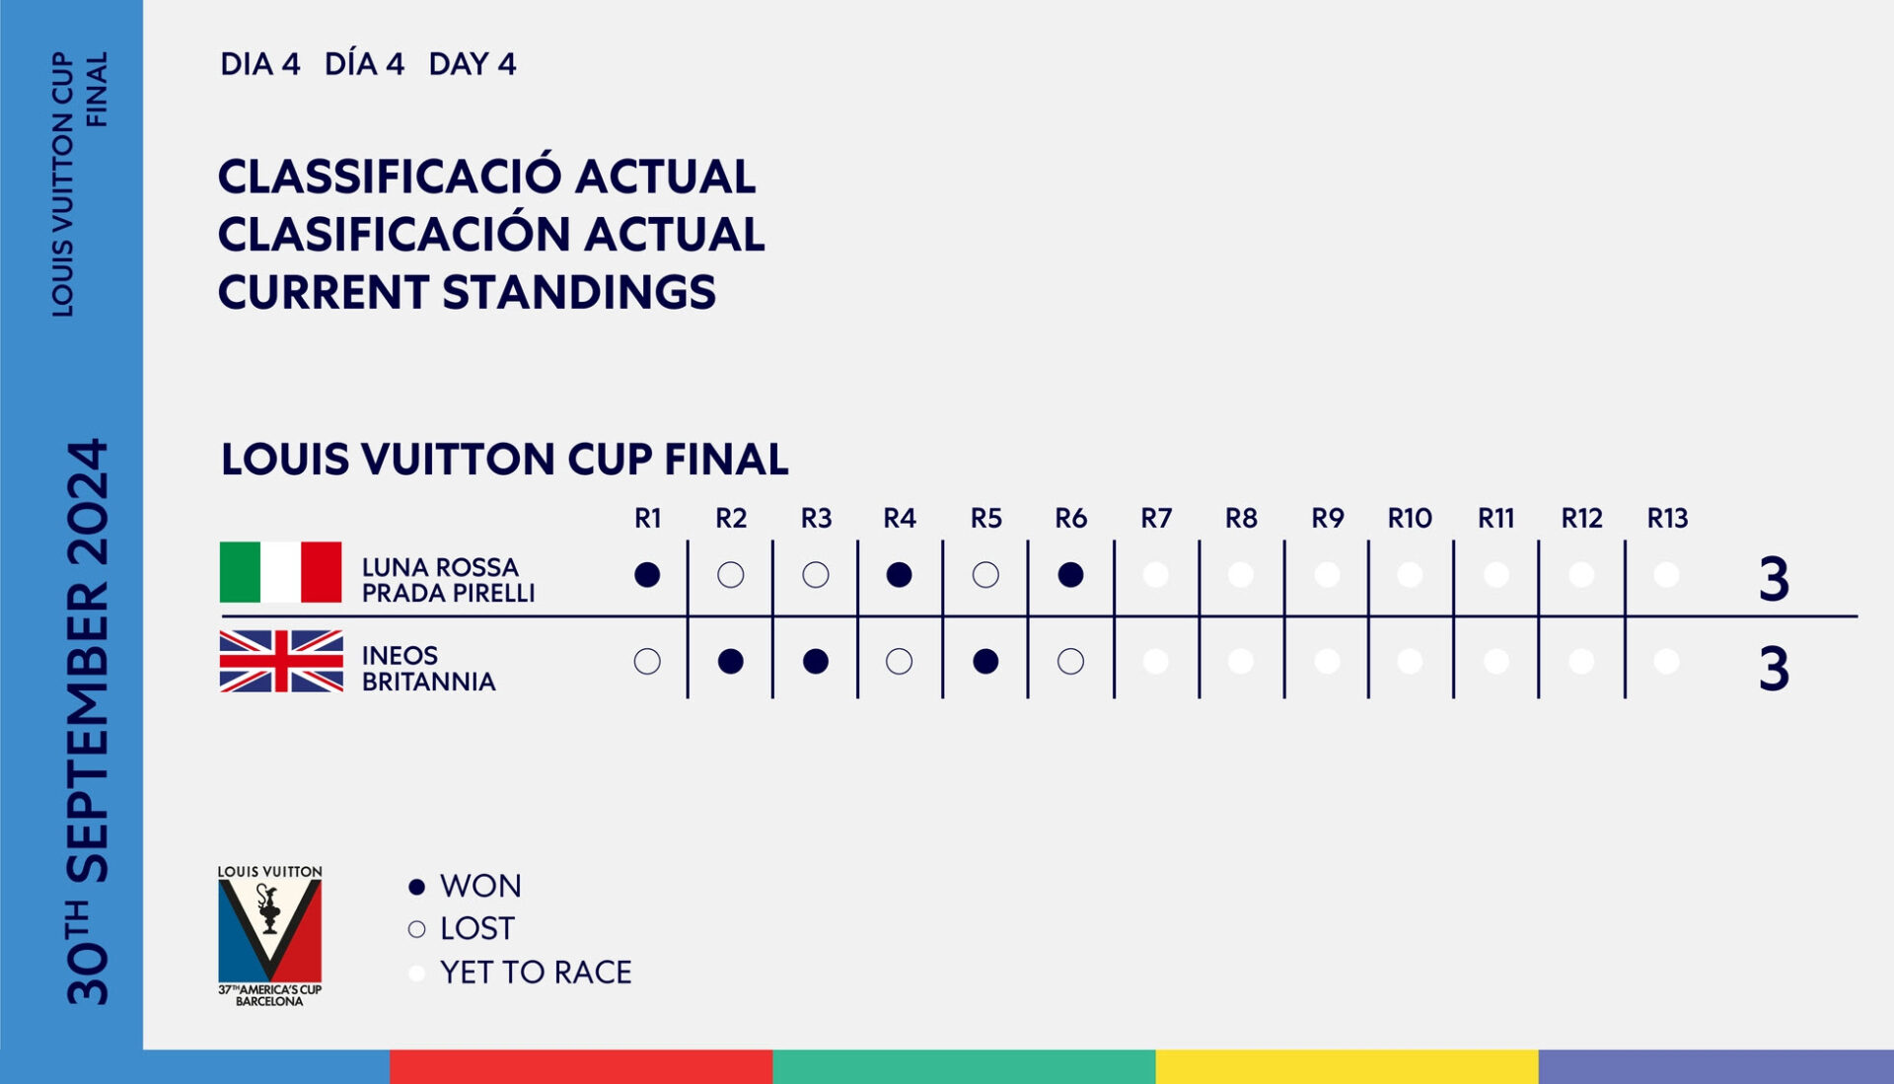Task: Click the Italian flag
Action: tap(280, 572)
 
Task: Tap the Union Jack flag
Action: tap(281, 661)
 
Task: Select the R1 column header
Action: tap(648, 518)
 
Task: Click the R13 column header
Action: tap(1667, 518)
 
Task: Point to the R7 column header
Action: tap(1156, 518)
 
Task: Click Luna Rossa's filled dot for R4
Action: tap(899, 575)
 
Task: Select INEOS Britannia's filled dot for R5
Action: tap(985, 662)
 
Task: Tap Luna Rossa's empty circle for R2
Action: tap(731, 575)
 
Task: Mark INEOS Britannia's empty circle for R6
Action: tap(1070, 662)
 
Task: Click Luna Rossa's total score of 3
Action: tap(1774, 579)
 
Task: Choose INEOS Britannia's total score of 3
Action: tap(1774, 669)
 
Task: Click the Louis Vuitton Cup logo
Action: tap(269, 936)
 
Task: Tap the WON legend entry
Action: tap(466, 886)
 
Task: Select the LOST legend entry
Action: tap(462, 928)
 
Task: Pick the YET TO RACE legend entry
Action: tap(520, 973)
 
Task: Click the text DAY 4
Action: tap(473, 64)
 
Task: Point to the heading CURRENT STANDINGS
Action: tap(467, 292)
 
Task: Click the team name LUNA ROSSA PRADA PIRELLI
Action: tap(448, 580)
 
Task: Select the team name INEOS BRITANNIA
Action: tap(428, 669)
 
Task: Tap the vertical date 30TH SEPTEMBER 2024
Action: tap(87, 722)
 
